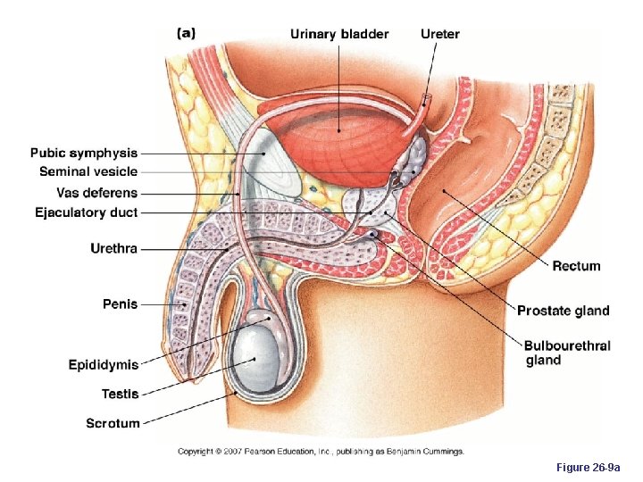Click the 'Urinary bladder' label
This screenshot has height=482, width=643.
pyautogui.click(x=339, y=35)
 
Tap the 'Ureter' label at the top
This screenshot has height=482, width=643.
pyautogui.click(x=440, y=35)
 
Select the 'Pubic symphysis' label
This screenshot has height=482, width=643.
pyautogui.click(x=84, y=154)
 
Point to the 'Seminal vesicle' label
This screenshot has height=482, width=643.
pyautogui.click(x=88, y=172)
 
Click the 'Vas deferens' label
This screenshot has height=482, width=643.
pyautogui.click(x=97, y=193)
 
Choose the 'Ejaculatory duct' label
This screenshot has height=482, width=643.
pyautogui.click(x=87, y=213)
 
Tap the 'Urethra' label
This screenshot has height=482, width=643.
pyautogui.click(x=114, y=248)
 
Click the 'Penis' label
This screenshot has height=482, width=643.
pyautogui.click(x=121, y=304)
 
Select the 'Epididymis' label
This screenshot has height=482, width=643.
pyautogui.click(x=104, y=364)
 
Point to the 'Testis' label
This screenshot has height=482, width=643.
pyautogui.click(x=120, y=393)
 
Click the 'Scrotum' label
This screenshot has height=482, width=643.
pyautogui.click(x=113, y=423)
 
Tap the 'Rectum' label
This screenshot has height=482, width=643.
pyautogui.click(x=576, y=266)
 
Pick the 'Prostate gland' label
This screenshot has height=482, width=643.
pyautogui.click(x=564, y=311)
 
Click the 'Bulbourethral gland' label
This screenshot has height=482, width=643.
pyautogui.click(x=567, y=353)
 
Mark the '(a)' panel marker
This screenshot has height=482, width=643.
pyautogui.click(x=186, y=33)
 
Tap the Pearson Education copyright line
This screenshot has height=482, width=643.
pyautogui.click(x=321, y=452)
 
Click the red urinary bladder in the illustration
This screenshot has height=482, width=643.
pyautogui.click(x=339, y=134)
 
